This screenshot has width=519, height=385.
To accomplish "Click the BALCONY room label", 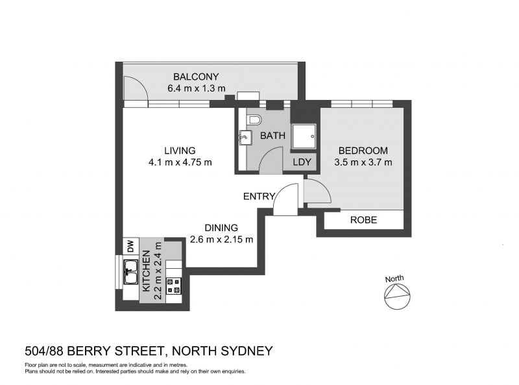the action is click(196, 77).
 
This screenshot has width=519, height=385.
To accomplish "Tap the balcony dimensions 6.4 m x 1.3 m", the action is click(197, 88).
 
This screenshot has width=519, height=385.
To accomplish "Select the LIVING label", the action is click(180, 151).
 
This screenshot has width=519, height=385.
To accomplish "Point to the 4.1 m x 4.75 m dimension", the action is click(180, 162).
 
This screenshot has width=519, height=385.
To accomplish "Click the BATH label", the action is click(272, 136).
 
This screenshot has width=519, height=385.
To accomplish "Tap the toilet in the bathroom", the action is click(255, 119).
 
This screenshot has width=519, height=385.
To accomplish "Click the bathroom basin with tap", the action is click(245, 138).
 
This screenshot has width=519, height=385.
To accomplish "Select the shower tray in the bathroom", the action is click(304, 136).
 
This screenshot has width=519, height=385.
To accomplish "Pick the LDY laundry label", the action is click(302, 162).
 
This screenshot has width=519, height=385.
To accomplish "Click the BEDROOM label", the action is click(363, 151).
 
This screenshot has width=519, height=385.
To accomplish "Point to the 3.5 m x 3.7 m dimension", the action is click(363, 162).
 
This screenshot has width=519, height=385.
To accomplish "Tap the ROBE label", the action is click(363, 220).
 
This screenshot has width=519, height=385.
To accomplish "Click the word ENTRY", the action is click(259, 197).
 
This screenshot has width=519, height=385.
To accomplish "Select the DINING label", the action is click(221, 228).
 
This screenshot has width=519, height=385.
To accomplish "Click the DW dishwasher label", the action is click(131, 246).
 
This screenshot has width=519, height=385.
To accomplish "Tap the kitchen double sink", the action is click(131, 271).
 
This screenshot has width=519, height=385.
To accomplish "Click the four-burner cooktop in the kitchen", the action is click(174, 286).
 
